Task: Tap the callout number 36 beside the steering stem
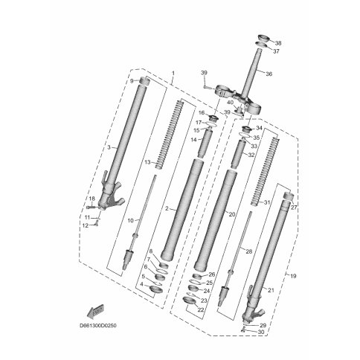pos(269,74)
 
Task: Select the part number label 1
pos(173,74)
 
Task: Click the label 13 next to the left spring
pos(147,162)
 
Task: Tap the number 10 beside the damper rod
pos(131,221)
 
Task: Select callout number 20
pos(231,214)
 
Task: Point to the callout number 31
pos(268,203)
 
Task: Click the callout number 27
pos(294,208)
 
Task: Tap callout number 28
pos(249,252)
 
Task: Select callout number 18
pos(91,199)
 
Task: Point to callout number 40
pos(231,103)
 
